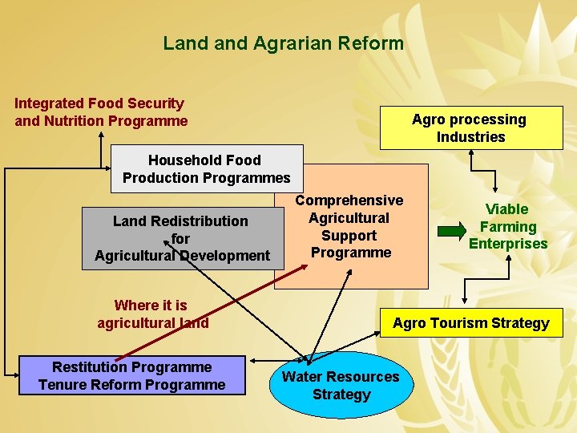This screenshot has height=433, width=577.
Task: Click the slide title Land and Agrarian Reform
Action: pos(283,43)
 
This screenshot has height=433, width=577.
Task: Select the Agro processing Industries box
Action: pos(470,128)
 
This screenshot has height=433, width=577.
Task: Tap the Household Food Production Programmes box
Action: pos(206,168)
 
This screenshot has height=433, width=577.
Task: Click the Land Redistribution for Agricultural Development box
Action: pos(182,238)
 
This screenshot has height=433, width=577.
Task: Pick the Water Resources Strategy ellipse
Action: pos(341,386)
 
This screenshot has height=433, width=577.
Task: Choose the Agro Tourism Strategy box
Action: pos(470,323)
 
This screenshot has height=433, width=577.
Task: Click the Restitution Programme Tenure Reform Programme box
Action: pos(131,375)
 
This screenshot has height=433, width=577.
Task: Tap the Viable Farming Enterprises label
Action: pos(508,226)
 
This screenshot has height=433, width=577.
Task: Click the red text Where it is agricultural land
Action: pos(152,314)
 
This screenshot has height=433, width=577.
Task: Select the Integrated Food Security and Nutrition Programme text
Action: pos(101,112)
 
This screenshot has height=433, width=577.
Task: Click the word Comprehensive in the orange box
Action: pos(349,200)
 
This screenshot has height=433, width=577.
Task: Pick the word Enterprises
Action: pos(508,244)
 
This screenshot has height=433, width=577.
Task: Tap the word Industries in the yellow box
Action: pos(470,137)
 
